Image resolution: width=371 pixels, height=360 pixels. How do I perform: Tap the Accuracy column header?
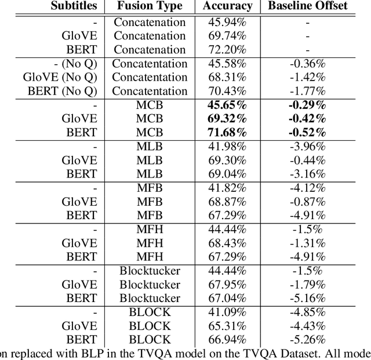tap(228, 7)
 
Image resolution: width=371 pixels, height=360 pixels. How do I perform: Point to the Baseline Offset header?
tap(307, 7)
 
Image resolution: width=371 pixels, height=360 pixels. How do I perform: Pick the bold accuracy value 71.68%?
tap(228, 132)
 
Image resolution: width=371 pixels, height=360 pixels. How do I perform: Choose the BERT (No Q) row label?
tap(61, 91)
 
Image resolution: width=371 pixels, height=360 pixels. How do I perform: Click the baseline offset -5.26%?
tap(307, 339)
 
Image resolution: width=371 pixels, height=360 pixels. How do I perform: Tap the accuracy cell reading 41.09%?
tap(228, 311)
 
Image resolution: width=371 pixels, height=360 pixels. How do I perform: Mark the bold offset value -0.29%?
tap(307, 104)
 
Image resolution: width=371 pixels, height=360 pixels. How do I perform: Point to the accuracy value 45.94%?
tap(228, 21)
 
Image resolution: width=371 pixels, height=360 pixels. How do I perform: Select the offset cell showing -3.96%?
tap(307, 146)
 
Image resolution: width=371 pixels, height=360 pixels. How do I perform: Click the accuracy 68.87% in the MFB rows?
tap(228, 201)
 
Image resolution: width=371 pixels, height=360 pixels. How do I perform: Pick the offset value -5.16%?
tap(307, 298)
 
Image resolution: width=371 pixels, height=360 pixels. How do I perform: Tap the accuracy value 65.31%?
tap(228, 325)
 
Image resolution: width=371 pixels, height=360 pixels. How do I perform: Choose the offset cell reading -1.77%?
tap(307, 91)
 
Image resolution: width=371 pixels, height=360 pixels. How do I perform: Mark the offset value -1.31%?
tap(307, 242)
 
